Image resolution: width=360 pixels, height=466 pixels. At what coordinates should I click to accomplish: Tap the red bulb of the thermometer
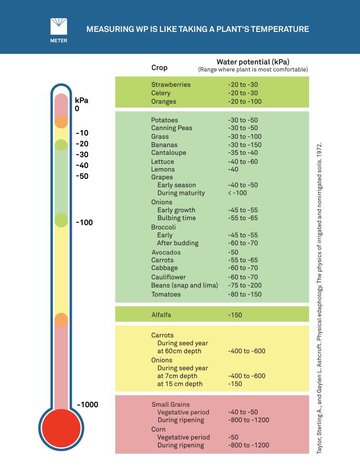point(61,428)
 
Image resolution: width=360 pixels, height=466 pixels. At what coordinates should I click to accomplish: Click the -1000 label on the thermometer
point(87,405)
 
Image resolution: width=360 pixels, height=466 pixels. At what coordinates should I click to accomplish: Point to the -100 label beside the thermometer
point(84,223)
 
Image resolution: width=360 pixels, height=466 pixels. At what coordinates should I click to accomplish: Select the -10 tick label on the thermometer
point(82,133)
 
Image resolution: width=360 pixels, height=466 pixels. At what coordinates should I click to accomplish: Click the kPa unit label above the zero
point(81,101)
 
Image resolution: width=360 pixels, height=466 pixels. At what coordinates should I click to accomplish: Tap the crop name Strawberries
point(171,85)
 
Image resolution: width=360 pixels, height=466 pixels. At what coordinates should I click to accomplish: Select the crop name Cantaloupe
point(168,153)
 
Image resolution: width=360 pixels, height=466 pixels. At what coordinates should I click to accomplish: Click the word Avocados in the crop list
point(166,252)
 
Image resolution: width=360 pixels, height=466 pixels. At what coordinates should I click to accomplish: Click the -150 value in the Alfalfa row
point(235,314)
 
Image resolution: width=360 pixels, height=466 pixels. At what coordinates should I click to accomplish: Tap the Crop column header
point(159,68)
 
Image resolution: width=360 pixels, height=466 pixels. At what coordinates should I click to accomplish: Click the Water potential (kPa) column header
point(253,62)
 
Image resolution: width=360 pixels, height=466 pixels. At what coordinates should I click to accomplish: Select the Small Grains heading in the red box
point(170,404)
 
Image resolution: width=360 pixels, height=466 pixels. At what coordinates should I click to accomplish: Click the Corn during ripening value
point(248,445)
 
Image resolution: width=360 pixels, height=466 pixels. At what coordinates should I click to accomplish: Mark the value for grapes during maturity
point(238,193)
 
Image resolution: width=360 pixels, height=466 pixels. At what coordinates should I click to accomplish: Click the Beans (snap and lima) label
point(184,285)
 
